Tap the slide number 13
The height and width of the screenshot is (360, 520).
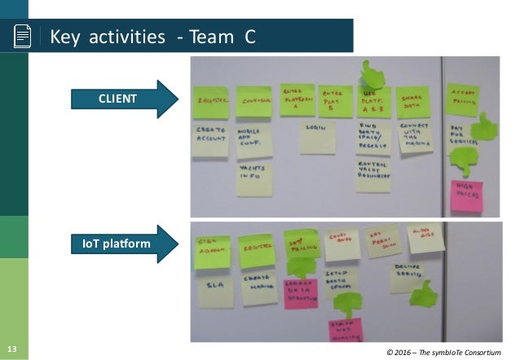tap(11, 350)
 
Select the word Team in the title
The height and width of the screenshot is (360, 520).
tap(210, 37)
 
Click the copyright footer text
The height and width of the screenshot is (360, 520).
tap(450, 351)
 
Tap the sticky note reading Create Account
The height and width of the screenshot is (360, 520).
tap(210, 138)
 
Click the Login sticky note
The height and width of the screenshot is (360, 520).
tap(316, 138)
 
